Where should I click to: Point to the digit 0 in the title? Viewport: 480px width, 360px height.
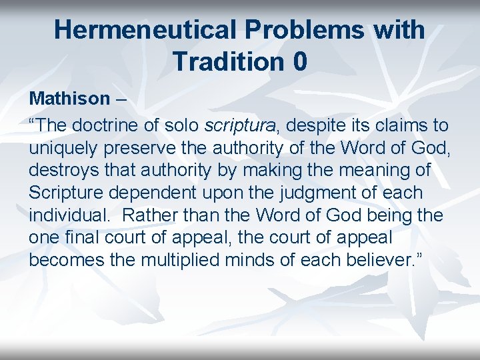click(x=299, y=61)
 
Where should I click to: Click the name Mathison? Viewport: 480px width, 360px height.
click(x=69, y=99)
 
